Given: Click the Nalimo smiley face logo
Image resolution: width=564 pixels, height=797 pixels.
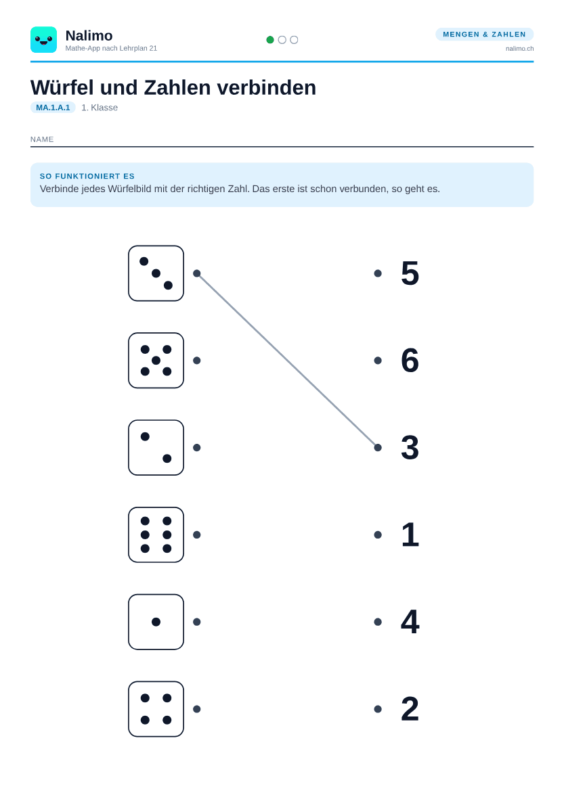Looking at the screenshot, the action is click(44, 40).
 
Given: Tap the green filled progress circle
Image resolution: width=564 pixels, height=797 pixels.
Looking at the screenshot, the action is click(270, 40).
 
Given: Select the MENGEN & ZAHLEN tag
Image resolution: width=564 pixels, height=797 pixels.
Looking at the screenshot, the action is click(484, 34).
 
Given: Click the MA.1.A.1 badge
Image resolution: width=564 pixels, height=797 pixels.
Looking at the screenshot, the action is click(53, 108).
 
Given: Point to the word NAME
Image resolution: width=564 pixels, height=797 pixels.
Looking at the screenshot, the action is click(42, 139).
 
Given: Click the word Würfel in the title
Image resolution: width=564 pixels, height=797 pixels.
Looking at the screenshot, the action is click(62, 87).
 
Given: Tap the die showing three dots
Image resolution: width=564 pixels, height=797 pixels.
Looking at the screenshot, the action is click(156, 273).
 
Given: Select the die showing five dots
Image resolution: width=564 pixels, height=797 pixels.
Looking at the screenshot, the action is click(156, 361).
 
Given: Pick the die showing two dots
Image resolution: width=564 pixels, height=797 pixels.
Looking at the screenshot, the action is click(156, 448).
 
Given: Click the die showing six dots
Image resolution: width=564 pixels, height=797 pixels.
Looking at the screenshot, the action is click(156, 534).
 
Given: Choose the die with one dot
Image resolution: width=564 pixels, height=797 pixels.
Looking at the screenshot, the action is click(156, 622).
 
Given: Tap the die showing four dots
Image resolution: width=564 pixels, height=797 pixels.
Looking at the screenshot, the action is click(156, 709).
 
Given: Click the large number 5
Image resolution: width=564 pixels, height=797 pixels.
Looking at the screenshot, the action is click(410, 273).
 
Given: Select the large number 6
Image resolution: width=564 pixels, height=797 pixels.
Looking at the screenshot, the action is click(410, 361).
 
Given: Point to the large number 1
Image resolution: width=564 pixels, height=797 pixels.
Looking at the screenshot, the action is click(410, 534).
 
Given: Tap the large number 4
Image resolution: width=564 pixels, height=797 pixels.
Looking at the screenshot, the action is click(410, 622).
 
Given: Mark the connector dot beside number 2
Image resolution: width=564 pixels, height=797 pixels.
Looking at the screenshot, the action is click(378, 709).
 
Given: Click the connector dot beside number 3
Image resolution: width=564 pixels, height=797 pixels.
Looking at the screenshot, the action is click(378, 448).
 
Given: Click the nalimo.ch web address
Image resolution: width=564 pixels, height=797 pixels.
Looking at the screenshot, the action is click(520, 49).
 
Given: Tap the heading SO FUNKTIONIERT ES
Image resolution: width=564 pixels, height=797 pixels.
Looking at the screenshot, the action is click(87, 177).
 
